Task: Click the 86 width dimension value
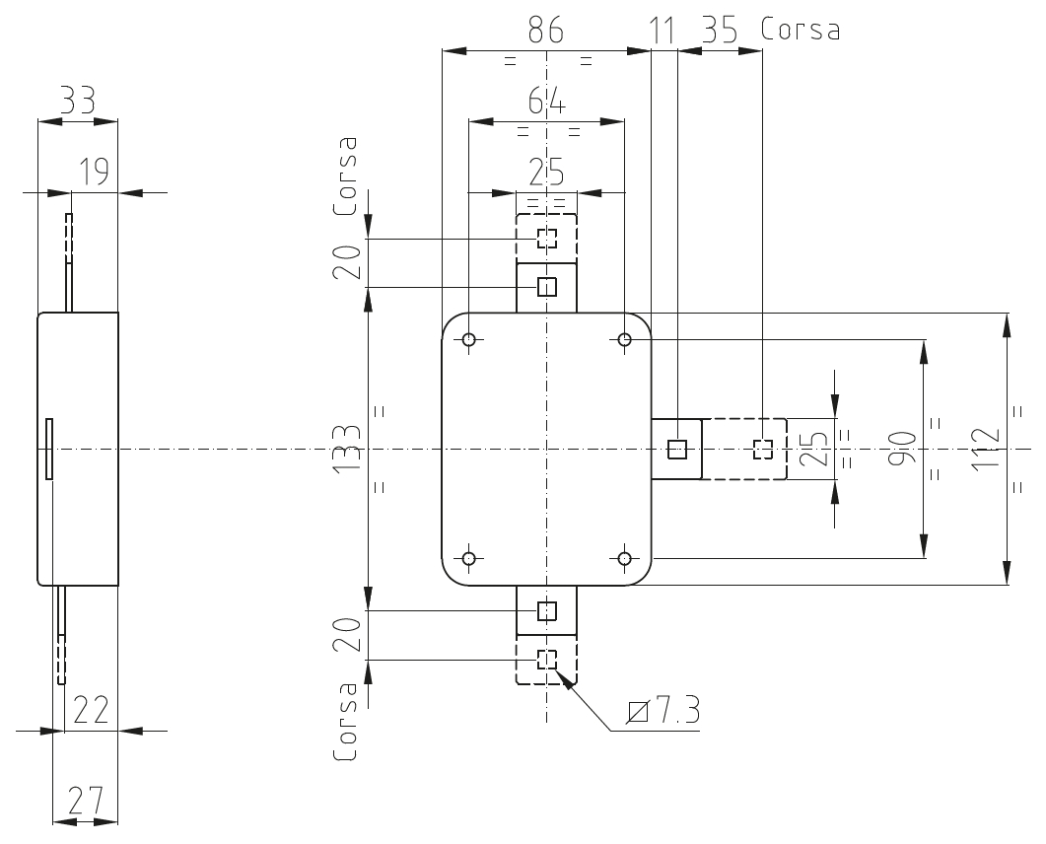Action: click(546, 30)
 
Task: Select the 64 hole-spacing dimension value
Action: click(546, 103)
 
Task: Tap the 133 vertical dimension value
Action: click(348, 448)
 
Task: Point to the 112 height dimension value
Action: click(986, 448)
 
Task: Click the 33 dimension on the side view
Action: click(77, 101)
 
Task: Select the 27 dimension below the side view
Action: click(86, 801)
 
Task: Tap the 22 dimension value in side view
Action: click(90, 710)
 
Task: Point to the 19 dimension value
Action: click(94, 172)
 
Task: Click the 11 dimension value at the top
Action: click(662, 31)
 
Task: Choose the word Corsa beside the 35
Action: click(800, 30)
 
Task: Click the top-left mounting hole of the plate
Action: click(469, 339)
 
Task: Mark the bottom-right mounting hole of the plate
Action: click(624, 558)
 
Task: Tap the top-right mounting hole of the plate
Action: click(624, 339)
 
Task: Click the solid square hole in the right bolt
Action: click(677, 449)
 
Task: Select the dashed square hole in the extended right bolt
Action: click(762, 449)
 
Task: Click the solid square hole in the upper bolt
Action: click(547, 288)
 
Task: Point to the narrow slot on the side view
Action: click(48, 449)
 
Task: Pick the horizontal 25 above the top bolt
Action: click(546, 173)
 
